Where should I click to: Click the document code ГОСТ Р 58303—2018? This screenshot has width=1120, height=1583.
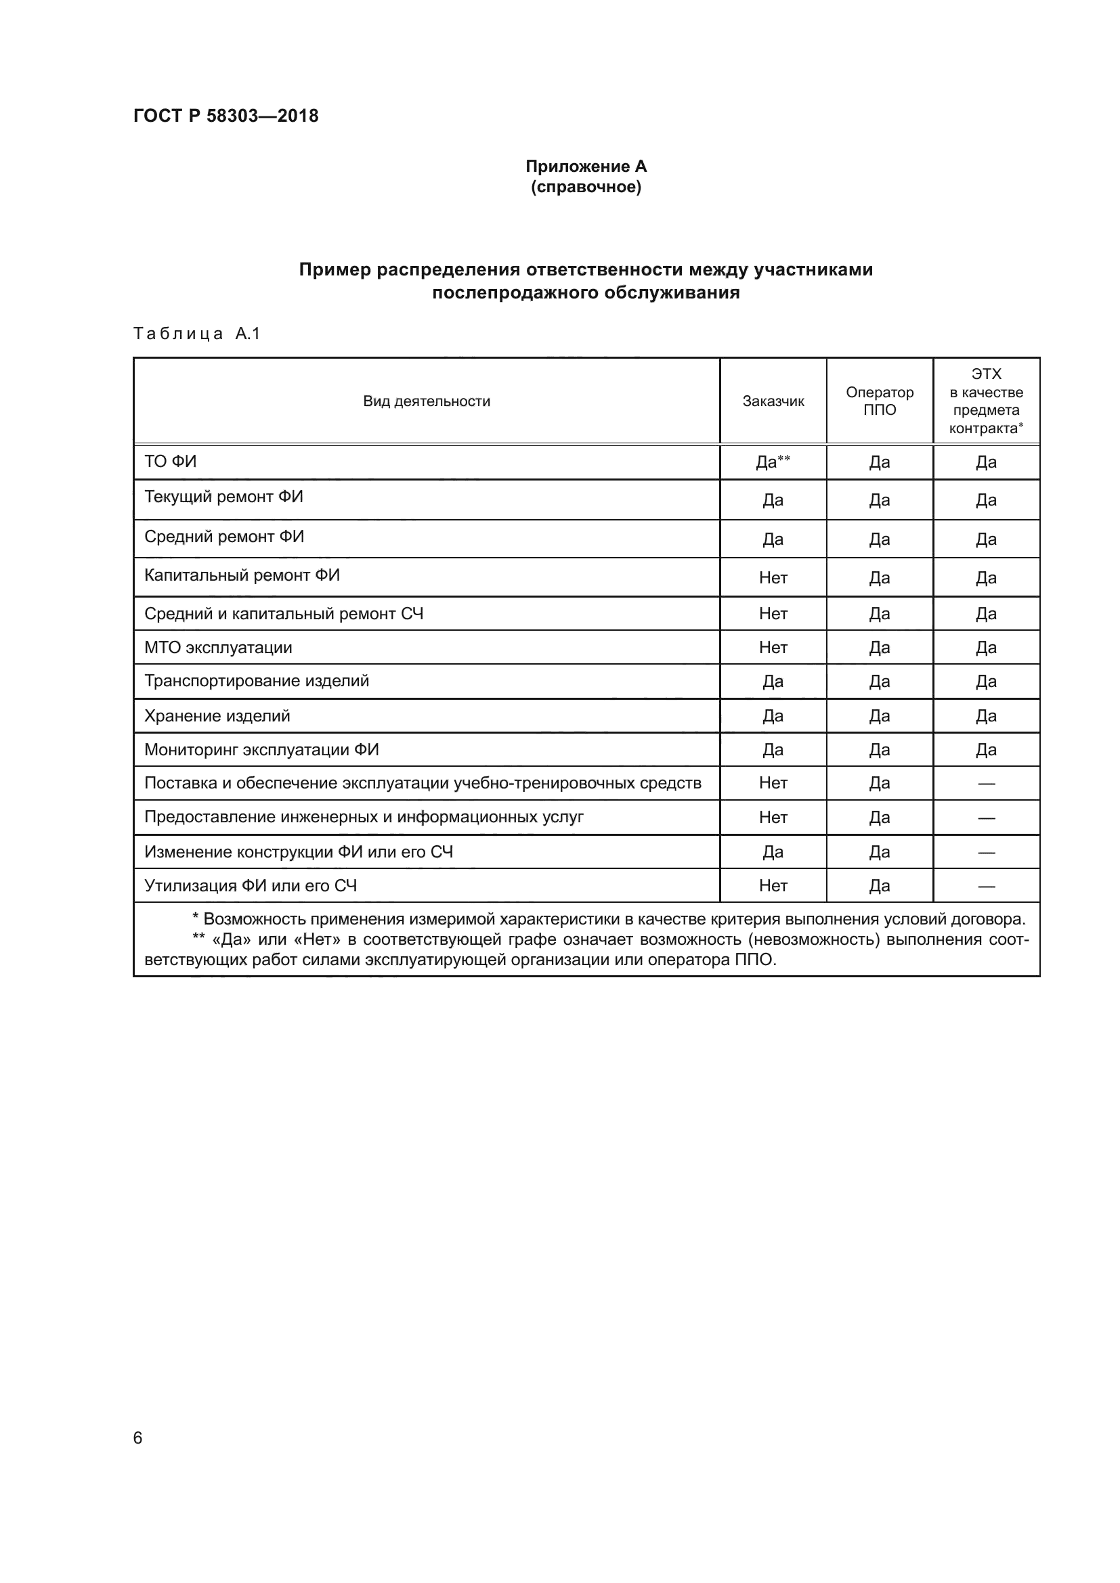tap(225, 116)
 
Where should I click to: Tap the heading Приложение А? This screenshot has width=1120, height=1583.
tap(586, 166)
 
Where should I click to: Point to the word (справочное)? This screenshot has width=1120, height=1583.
tap(586, 187)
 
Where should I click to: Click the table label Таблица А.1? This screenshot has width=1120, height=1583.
tap(196, 334)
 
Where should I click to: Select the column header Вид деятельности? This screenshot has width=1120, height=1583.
tap(426, 401)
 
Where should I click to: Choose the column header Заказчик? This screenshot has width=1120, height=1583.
tap(773, 401)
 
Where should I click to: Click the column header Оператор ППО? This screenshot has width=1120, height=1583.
tap(880, 401)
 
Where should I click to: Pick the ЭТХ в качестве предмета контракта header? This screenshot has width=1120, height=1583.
tap(985, 401)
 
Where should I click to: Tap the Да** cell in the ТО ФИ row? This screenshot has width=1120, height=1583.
tap(773, 462)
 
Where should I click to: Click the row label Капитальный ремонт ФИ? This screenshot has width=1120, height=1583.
tap(242, 575)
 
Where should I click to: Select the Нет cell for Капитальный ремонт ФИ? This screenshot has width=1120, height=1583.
tap(773, 578)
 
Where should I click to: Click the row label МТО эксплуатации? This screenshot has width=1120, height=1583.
tap(218, 648)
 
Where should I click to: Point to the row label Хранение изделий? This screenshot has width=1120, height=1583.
tap(217, 715)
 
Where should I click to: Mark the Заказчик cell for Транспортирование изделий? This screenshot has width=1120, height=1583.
tap(773, 682)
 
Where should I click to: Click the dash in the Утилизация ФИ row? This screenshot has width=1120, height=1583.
tap(985, 886)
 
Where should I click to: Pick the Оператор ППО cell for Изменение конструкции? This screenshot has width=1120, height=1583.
tap(880, 852)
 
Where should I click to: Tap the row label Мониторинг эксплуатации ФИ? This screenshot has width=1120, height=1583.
tap(261, 749)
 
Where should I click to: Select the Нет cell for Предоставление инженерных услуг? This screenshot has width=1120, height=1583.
tap(773, 817)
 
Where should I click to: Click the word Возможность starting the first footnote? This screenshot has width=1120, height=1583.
tap(251, 919)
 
